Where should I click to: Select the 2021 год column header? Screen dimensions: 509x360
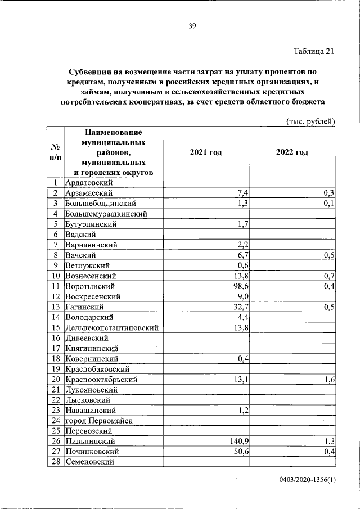[206, 152]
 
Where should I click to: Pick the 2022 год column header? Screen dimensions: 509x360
[292, 152]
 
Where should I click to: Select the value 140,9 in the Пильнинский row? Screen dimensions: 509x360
[237, 441]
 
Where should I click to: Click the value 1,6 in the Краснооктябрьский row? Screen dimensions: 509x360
[330, 380]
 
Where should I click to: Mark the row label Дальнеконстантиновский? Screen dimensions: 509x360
[111, 327]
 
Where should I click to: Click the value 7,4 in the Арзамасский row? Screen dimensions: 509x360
[243, 193]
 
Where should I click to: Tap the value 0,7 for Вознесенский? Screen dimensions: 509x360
[330, 276]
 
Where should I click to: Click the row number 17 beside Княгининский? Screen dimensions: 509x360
[56, 348]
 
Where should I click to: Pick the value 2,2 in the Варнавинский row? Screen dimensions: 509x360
[243, 245]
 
